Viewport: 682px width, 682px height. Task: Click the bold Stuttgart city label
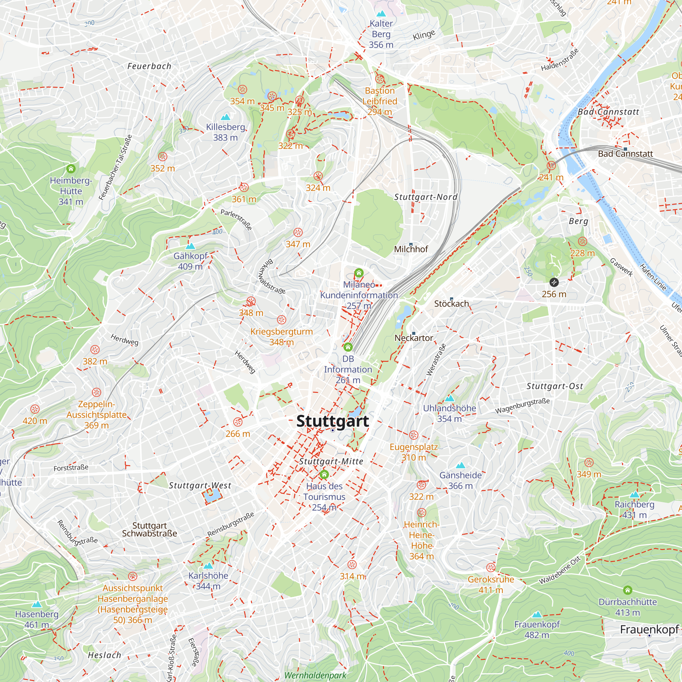click(x=332, y=421)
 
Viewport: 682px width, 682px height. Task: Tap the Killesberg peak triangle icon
click(x=225, y=117)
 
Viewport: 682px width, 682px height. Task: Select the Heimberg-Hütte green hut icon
click(x=71, y=168)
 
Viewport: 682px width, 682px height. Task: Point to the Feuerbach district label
click(x=149, y=66)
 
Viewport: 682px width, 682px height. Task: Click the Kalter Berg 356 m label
click(x=381, y=34)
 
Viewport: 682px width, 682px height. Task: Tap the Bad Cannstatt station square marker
click(x=625, y=149)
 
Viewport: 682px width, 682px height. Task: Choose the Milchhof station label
click(x=411, y=249)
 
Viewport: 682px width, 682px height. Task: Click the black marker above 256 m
click(x=554, y=282)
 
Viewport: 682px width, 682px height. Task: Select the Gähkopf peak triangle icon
click(x=190, y=246)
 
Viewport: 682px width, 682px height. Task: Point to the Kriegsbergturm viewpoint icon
click(x=281, y=320)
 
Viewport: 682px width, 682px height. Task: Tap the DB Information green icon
click(x=348, y=347)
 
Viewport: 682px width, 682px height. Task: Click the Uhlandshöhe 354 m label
click(x=449, y=413)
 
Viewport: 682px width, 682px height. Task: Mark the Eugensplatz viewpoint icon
click(x=414, y=435)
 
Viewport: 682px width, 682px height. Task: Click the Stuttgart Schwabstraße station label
click(x=149, y=530)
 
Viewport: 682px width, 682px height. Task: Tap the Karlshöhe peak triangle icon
click(x=208, y=565)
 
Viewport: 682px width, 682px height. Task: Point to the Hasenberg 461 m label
click(x=37, y=620)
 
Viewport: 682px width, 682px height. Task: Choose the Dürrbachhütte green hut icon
click(x=627, y=590)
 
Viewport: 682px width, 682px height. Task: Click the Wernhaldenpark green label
click(x=315, y=675)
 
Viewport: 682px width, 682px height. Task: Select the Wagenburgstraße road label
click(x=522, y=406)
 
